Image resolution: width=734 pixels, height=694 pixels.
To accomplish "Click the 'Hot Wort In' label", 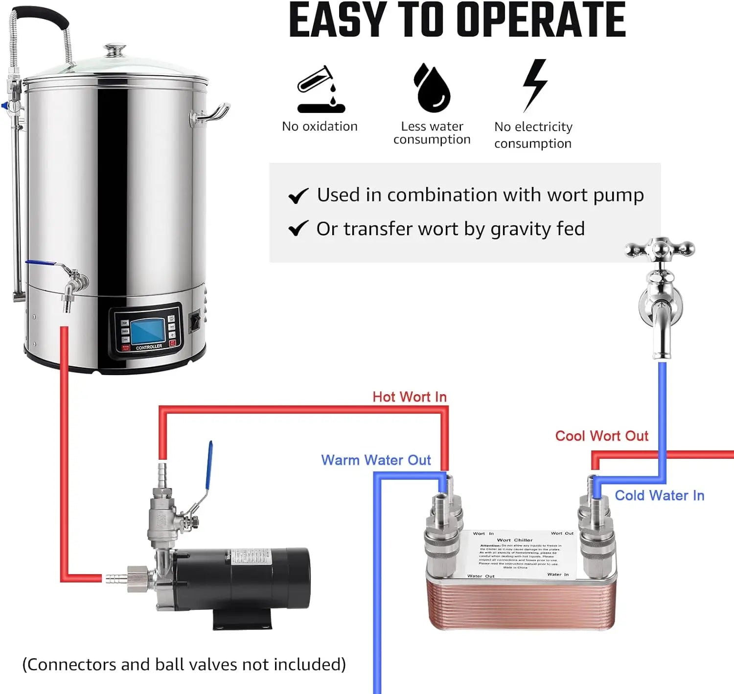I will click(x=410, y=397).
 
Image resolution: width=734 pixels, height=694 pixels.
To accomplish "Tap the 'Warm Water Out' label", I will click(x=376, y=460).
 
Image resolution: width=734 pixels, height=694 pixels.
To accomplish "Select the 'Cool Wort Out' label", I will click(x=601, y=436).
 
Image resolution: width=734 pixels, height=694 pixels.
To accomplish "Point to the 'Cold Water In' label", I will click(x=659, y=495).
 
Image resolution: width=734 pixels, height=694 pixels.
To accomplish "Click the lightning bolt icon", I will click(x=534, y=85).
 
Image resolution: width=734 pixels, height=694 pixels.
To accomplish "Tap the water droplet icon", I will click(x=432, y=88).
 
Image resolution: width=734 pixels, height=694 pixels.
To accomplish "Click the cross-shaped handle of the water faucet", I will click(x=660, y=250).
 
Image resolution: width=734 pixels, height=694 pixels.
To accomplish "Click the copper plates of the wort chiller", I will click(x=521, y=604).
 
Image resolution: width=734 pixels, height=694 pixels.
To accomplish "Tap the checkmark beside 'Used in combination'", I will click(x=298, y=196).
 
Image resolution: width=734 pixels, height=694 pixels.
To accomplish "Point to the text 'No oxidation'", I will click(x=320, y=126).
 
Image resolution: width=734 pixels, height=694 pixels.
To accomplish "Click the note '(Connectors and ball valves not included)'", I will click(x=184, y=664).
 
